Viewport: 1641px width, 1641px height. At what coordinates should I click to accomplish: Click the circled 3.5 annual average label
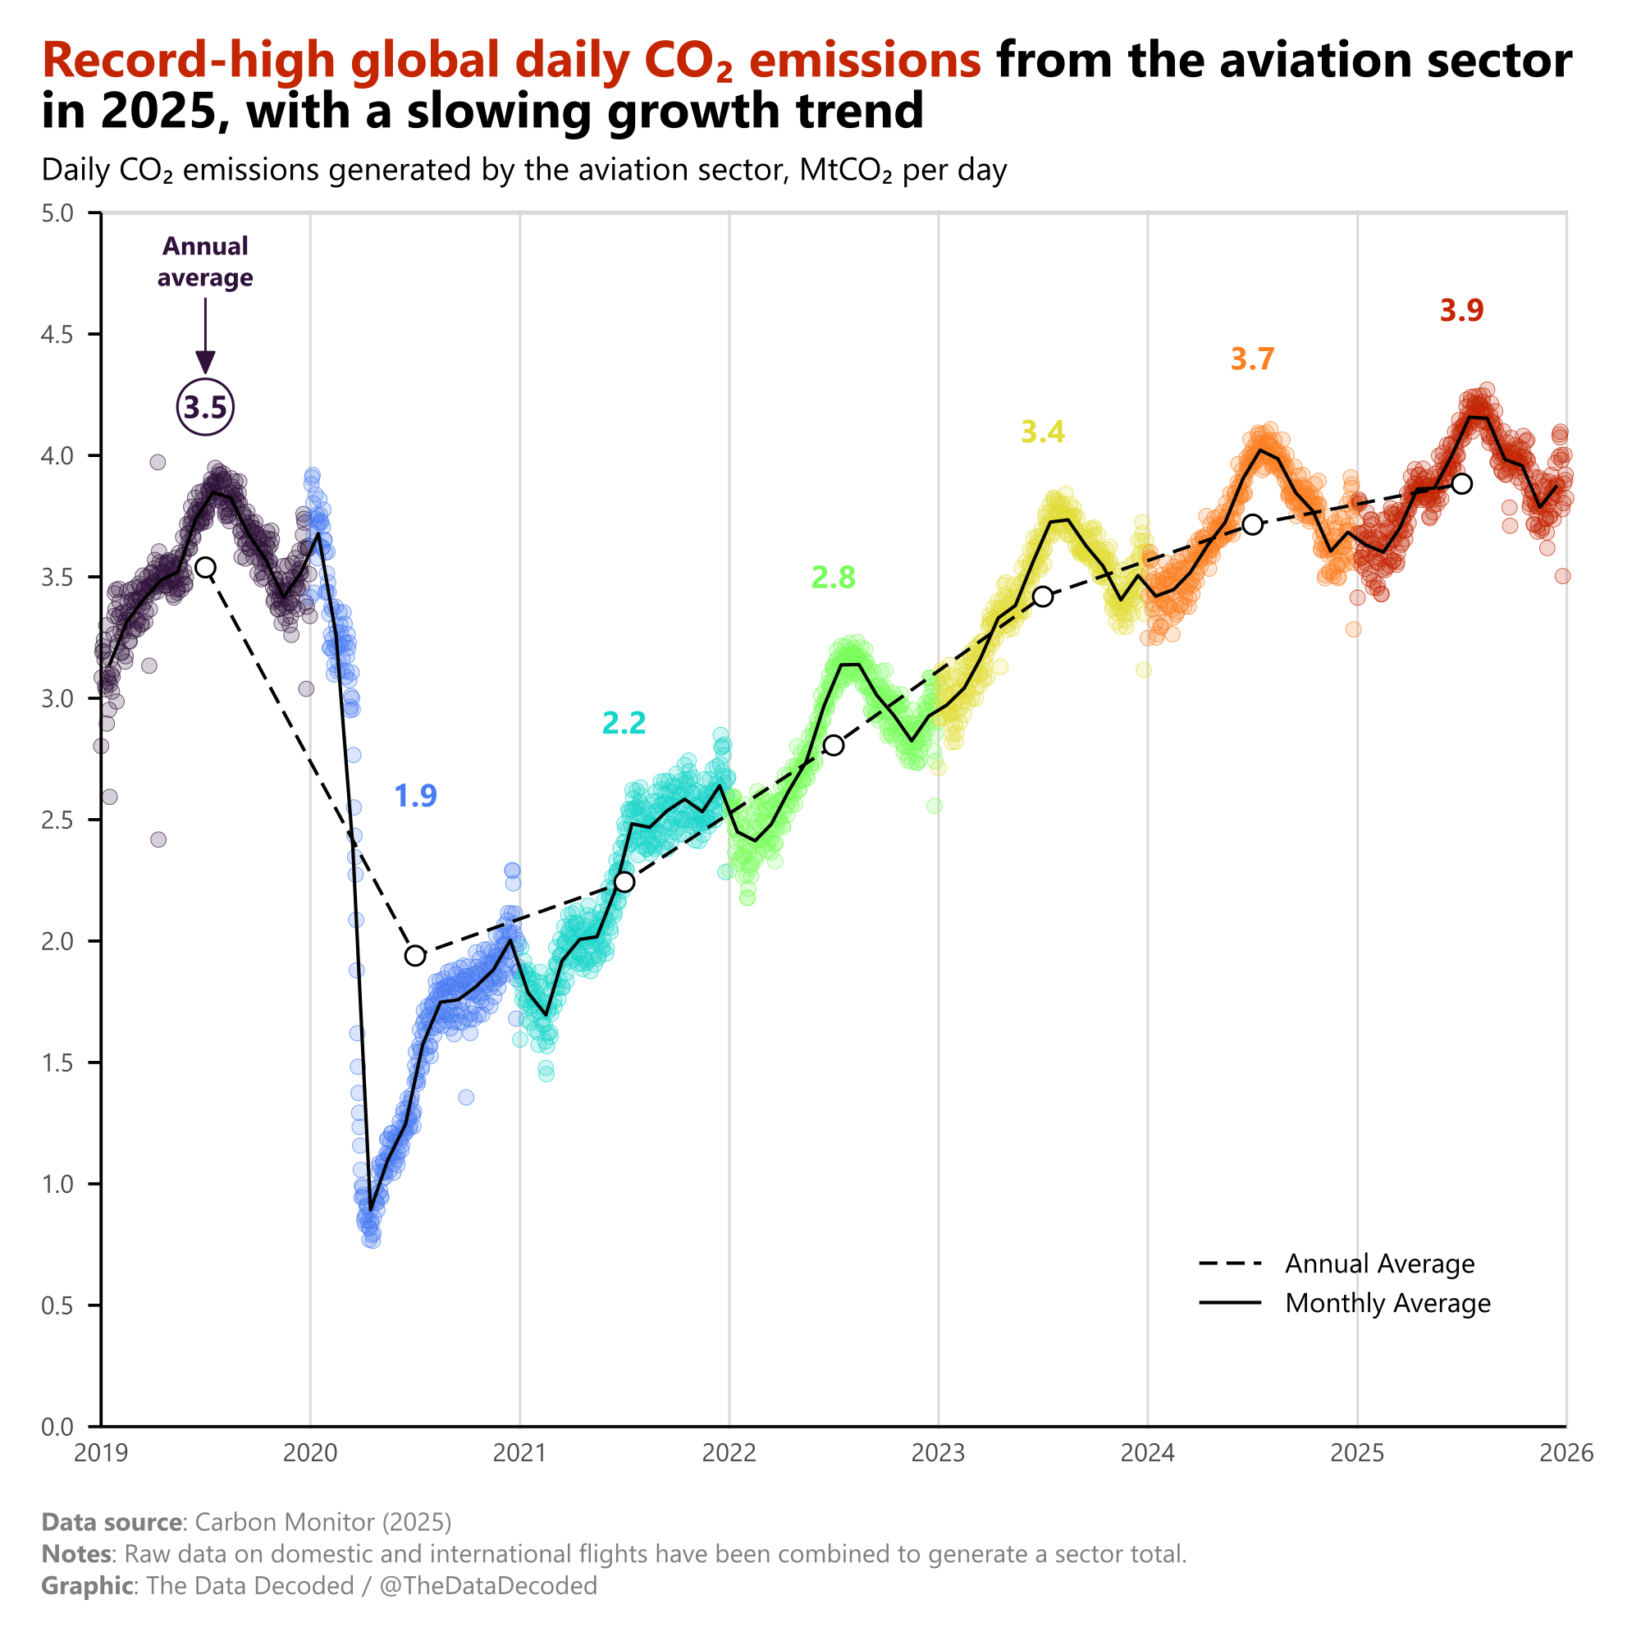coord(204,408)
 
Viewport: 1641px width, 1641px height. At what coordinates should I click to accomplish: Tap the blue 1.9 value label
coord(415,796)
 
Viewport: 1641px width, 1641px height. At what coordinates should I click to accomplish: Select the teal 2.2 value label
coord(624,723)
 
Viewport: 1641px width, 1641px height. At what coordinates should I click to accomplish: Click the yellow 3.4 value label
coord(1042,432)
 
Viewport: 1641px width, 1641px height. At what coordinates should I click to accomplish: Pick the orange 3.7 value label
coord(1252,359)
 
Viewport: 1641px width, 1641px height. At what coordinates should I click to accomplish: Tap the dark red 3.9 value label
coord(1461,311)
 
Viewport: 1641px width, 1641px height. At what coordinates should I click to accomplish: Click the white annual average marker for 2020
coord(414,956)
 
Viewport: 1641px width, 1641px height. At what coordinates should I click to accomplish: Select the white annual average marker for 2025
coord(1462,484)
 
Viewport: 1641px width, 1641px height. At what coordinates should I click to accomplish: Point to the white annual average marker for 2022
coord(834,745)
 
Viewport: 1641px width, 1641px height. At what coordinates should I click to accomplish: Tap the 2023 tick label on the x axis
coord(938,1453)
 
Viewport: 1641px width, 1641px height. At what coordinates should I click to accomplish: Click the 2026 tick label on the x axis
coord(1566,1453)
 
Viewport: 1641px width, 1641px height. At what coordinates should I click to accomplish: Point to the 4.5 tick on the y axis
coord(57,335)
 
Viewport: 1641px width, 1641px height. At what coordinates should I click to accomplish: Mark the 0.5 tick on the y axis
coord(57,1305)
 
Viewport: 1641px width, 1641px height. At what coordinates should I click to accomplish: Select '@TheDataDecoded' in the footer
coord(487,1586)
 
